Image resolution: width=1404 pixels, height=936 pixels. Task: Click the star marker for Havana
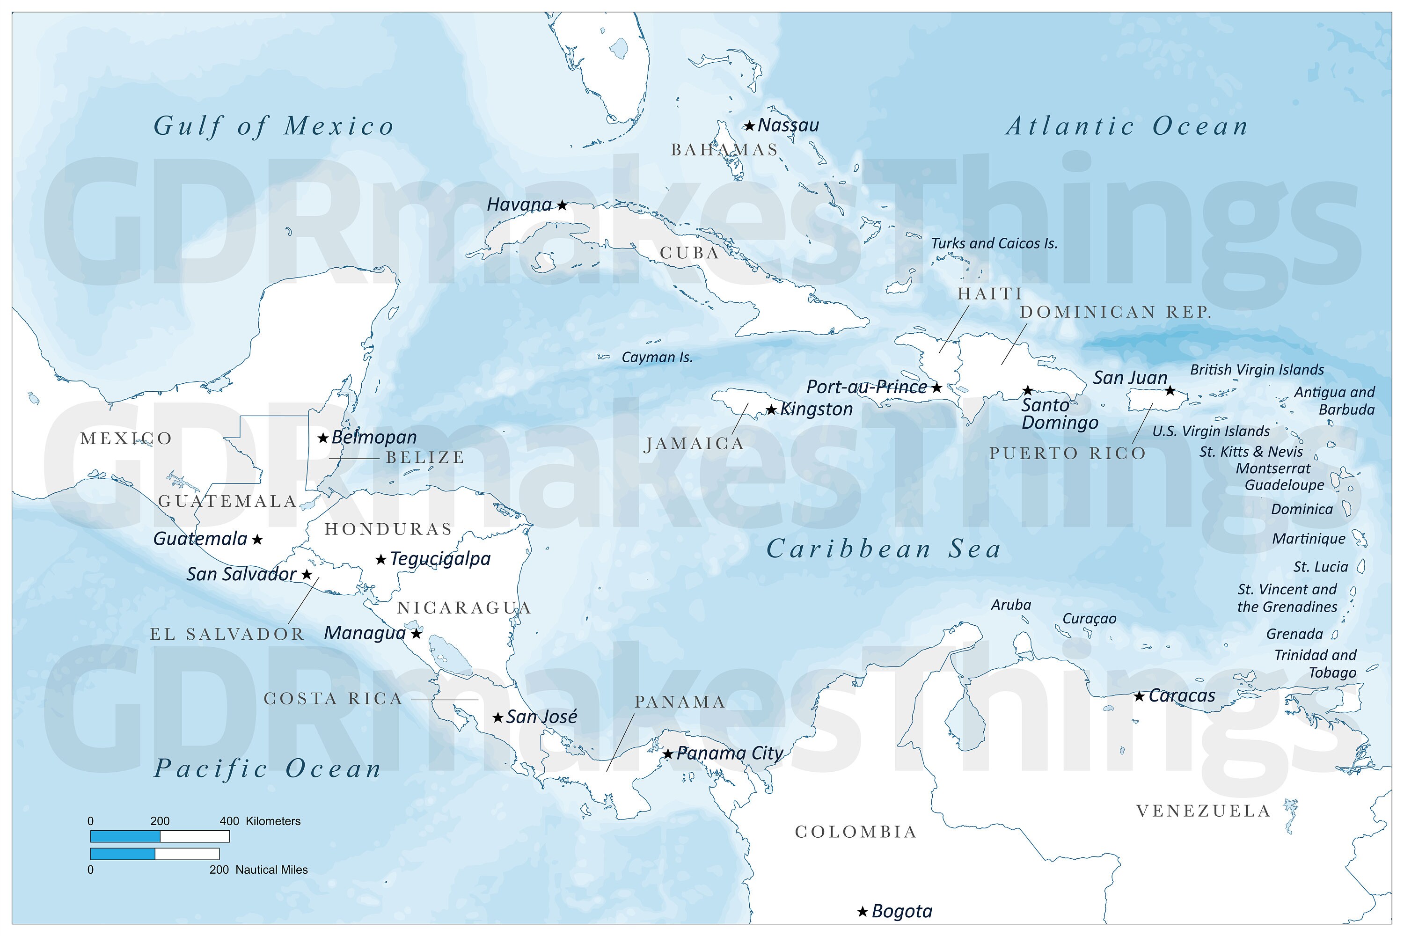562,205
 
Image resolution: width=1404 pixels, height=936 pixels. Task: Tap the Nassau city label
788,125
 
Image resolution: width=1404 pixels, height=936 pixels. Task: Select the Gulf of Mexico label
273,126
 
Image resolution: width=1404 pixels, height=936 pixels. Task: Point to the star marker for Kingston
771,410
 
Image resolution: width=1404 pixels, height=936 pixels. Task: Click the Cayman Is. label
657,358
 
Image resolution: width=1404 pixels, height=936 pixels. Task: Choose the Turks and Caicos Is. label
994,243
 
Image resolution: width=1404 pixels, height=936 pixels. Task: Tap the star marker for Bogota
862,912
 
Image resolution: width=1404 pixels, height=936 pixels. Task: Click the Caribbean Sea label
884,549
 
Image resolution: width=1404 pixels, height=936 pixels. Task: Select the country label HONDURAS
388,529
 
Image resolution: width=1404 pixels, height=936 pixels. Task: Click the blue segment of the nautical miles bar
122,854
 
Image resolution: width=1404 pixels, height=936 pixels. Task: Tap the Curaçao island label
1089,619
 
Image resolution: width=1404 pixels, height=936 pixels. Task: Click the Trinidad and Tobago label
1316,664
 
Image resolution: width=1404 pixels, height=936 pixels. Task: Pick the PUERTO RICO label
1068,453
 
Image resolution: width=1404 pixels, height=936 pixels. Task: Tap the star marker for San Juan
1170,391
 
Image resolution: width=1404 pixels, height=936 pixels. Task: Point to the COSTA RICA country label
333,699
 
